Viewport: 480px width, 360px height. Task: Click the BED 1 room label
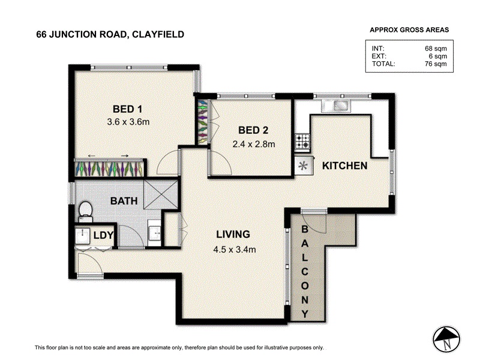(x=127, y=109)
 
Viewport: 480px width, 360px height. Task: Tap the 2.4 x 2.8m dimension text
(x=253, y=144)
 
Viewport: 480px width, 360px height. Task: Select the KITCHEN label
(x=344, y=166)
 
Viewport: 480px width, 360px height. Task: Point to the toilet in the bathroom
(x=86, y=212)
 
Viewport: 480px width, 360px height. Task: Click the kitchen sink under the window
(x=336, y=106)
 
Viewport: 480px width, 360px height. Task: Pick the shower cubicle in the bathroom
(x=161, y=194)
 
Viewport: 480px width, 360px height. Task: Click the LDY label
(x=103, y=235)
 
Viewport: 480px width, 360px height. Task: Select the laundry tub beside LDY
(x=83, y=236)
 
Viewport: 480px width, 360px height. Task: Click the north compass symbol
(x=446, y=340)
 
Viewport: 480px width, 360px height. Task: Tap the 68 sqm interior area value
(x=436, y=49)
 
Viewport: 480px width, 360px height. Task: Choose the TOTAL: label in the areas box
(x=383, y=64)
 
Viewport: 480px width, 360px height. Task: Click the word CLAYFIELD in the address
(x=158, y=34)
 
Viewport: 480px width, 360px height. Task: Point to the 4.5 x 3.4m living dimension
(x=235, y=250)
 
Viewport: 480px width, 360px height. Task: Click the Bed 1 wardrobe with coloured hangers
(x=109, y=168)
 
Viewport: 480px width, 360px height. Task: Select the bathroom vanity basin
(x=154, y=233)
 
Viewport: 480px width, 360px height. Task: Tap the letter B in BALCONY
(x=305, y=229)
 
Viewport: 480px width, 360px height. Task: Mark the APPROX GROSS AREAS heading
(x=409, y=29)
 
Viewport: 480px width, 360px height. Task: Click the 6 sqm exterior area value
(x=438, y=56)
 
